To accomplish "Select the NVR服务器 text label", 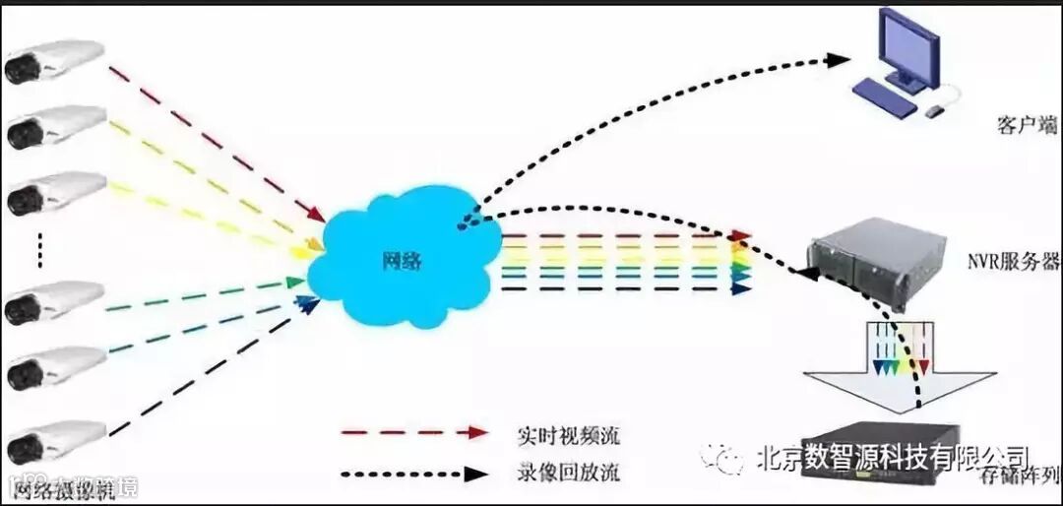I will point(1012,262).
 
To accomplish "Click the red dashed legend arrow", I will point(414,433).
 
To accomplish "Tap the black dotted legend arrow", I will point(414,474).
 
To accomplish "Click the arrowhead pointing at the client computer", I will point(838,60).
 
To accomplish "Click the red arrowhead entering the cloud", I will point(316,214).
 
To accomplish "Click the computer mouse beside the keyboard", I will point(934,111).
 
